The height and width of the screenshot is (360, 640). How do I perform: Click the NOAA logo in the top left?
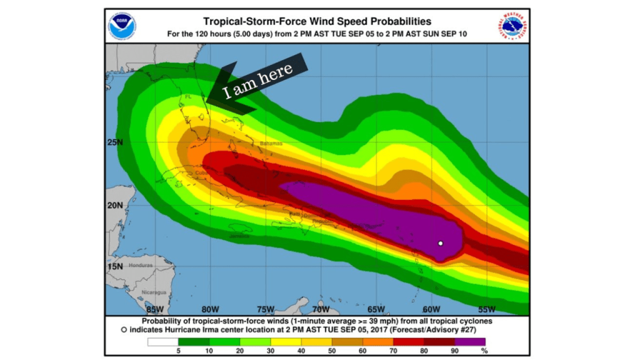click(x=122, y=26)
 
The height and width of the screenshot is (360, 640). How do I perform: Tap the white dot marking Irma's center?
click(x=441, y=243)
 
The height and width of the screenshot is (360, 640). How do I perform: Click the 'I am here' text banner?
click(x=258, y=82)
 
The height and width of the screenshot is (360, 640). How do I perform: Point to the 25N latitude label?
click(x=114, y=142)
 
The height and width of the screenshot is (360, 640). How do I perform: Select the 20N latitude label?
click(x=114, y=206)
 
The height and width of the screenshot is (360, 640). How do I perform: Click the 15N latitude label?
click(x=114, y=267)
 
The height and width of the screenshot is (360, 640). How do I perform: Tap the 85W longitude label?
click(x=155, y=309)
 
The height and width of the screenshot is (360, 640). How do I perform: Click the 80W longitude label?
click(x=210, y=309)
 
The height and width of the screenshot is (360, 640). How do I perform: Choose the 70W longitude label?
click(x=321, y=309)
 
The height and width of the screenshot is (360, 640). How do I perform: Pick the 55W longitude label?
click(x=486, y=309)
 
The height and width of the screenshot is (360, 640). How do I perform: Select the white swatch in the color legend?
click(x=162, y=341)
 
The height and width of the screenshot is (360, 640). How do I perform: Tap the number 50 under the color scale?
click(x=316, y=350)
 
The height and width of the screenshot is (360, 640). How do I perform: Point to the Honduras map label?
click(x=141, y=265)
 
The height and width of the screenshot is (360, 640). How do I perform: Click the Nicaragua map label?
click(x=153, y=292)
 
